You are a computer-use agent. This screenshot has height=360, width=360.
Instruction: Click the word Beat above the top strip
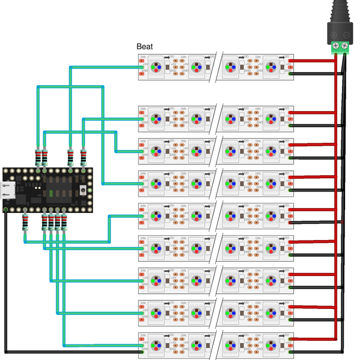coord(145,46)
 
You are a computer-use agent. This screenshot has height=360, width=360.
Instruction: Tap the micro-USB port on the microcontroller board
coord(8,189)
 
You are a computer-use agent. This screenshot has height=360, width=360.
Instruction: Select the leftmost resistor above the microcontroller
coord(41,157)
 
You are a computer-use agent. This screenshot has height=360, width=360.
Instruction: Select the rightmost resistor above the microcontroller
coord(83,157)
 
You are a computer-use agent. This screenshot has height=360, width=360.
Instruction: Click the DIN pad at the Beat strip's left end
coord(142,60)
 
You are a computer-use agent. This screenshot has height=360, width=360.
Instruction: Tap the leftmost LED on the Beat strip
coord(155,66)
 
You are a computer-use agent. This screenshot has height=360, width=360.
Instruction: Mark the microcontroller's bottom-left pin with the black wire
coord(6,210)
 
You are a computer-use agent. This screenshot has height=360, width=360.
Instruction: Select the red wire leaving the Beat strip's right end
coord(312,61)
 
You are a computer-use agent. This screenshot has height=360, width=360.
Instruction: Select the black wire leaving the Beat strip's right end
coord(312,74)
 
